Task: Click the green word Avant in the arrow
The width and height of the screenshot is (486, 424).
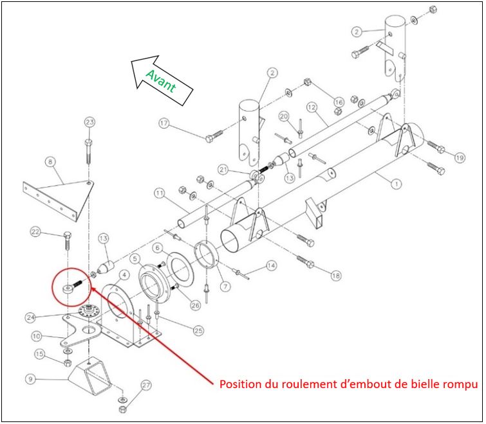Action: (x=161, y=82)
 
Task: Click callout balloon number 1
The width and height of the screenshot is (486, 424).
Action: (x=397, y=184)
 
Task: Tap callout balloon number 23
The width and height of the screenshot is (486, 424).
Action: (x=89, y=122)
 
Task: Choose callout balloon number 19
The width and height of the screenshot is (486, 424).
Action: (x=459, y=157)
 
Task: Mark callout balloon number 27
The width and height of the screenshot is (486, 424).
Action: (x=146, y=385)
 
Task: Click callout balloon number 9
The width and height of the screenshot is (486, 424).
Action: (x=30, y=379)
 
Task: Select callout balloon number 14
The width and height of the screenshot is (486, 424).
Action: (x=271, y=265)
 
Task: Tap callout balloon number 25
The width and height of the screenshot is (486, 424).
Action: (x=200, y=330)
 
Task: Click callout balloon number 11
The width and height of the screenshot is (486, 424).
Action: (x=159, y=193)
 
